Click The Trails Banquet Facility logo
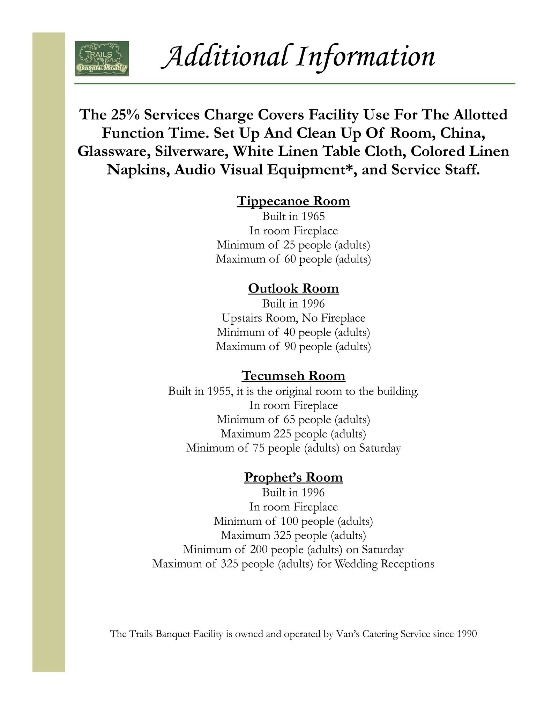click(x=102, y=59)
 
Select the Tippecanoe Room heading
click(x=293, y=201)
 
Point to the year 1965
click(x=313, y=216)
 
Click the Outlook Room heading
click(x=293, y=289)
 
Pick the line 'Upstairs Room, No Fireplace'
click(x=293, y=318)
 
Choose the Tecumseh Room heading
click(x=293, y=376)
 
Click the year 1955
click(x=220, y=391)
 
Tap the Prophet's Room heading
click(x=293, y=477)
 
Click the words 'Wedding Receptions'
click(x=385, y=564)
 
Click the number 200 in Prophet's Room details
click(x=259, y=550)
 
